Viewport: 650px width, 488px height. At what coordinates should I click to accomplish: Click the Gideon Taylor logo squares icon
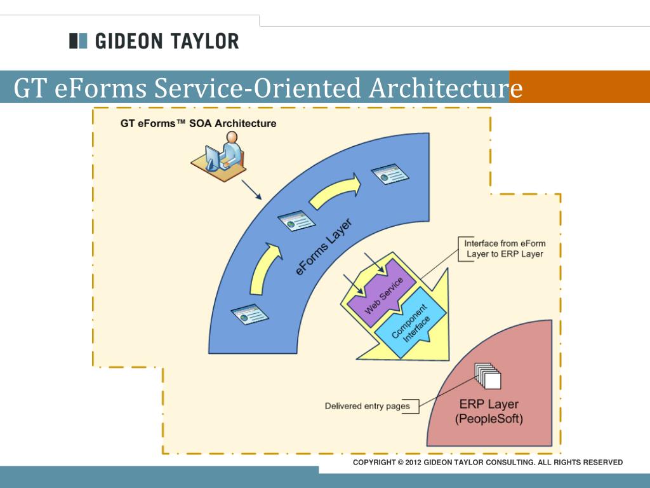78,41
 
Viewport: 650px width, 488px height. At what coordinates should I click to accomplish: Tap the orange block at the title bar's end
580,86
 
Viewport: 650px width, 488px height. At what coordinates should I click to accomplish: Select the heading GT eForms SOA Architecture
198,123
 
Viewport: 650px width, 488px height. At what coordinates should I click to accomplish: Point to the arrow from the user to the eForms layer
251,189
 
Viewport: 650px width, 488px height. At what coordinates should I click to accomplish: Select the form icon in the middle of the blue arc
297,221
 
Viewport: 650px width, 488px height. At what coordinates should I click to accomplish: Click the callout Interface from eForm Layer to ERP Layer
504,248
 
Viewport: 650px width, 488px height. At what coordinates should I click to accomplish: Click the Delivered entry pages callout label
368,406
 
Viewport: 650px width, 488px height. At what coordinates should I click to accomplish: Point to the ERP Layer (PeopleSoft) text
489,411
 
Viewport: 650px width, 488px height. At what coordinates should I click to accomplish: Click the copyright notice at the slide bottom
487,463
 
